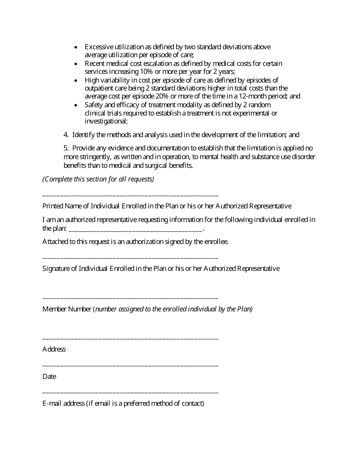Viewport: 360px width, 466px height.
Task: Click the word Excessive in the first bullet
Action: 99,47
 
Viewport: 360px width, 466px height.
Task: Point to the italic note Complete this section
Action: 98,179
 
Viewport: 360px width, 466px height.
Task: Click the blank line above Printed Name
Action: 130,195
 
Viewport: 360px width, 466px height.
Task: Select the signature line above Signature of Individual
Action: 130,258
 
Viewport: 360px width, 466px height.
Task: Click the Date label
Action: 49,377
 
